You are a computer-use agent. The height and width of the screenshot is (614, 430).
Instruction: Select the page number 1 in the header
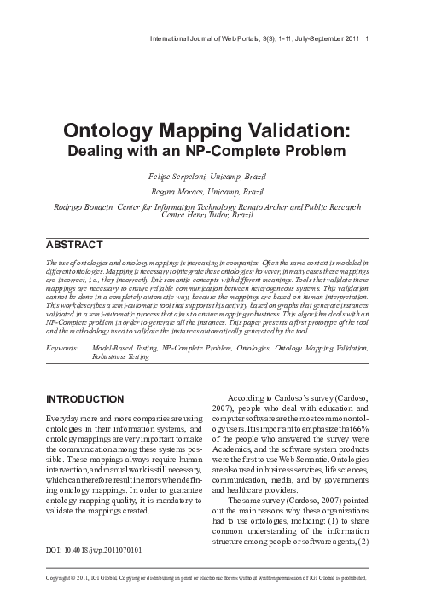tap(367, 39)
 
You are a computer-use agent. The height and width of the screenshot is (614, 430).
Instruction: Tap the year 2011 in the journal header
tap(352, 39)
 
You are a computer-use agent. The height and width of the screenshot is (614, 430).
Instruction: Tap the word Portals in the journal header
tap(233, 39)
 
